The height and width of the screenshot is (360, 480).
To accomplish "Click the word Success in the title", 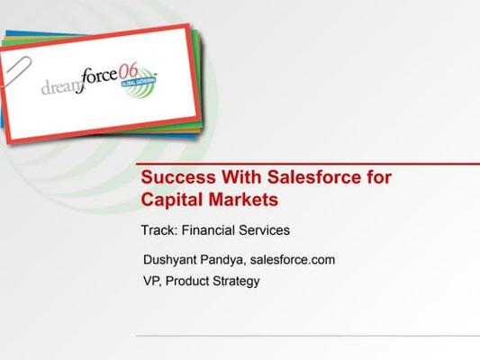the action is [178, 177].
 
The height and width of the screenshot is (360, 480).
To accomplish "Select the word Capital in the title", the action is [172, 200].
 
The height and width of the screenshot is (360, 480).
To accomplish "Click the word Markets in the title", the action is [243, 200].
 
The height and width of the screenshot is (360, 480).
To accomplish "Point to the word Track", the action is [159, 230].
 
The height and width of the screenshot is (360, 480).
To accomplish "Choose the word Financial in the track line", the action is [208, 230].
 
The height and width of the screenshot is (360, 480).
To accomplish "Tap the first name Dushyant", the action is [170, 260].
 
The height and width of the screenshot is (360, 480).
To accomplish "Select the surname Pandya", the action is [222, 260].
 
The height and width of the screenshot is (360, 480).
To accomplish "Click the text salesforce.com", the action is [293, 260].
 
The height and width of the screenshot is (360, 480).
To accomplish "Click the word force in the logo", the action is [98, 79].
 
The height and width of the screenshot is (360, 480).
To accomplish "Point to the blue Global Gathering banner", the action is [139, 82].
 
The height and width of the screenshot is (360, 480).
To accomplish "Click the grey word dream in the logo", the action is [60, 87].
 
